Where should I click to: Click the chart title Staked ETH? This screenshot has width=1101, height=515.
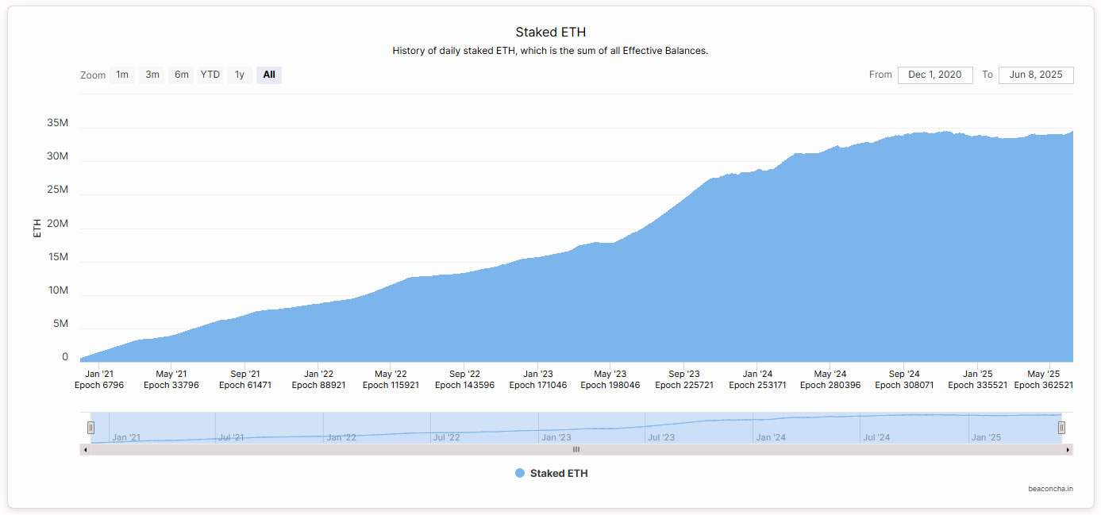[x=550, y=33]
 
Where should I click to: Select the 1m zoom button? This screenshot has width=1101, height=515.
[x=122, y=75]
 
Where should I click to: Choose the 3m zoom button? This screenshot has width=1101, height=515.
[x=152, y=75]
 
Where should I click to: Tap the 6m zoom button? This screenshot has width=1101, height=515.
[x=182, y=75]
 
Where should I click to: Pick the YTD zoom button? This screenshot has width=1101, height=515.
[x=210, y=75]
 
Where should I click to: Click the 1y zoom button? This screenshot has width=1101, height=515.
[x=240, y=75]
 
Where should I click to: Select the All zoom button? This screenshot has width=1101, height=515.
[x=269, y=75]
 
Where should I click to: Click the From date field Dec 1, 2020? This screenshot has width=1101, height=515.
[x=934, y=75]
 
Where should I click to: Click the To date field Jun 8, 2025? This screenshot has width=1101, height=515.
[x=1035, y=75]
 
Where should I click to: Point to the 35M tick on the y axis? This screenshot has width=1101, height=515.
[x=58, y=123]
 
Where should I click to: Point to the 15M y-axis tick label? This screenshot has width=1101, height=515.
[x=58, y=257]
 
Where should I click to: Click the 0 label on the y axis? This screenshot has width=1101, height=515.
[x=65, y=357]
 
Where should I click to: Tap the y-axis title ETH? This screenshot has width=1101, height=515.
[x=37, y=229]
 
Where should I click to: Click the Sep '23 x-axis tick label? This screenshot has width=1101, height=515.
[x=683, y=374]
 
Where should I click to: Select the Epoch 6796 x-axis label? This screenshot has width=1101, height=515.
[x=99, y=385]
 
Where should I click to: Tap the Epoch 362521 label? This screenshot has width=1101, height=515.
[x=1043, y=385]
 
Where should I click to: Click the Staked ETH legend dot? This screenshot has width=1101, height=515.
[x=520, y=473]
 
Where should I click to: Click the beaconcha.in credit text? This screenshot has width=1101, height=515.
[x=1050, y=489]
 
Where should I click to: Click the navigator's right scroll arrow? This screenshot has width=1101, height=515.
[x=1068, y=449]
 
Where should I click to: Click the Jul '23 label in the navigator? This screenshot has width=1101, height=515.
[x=660, y=437]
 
